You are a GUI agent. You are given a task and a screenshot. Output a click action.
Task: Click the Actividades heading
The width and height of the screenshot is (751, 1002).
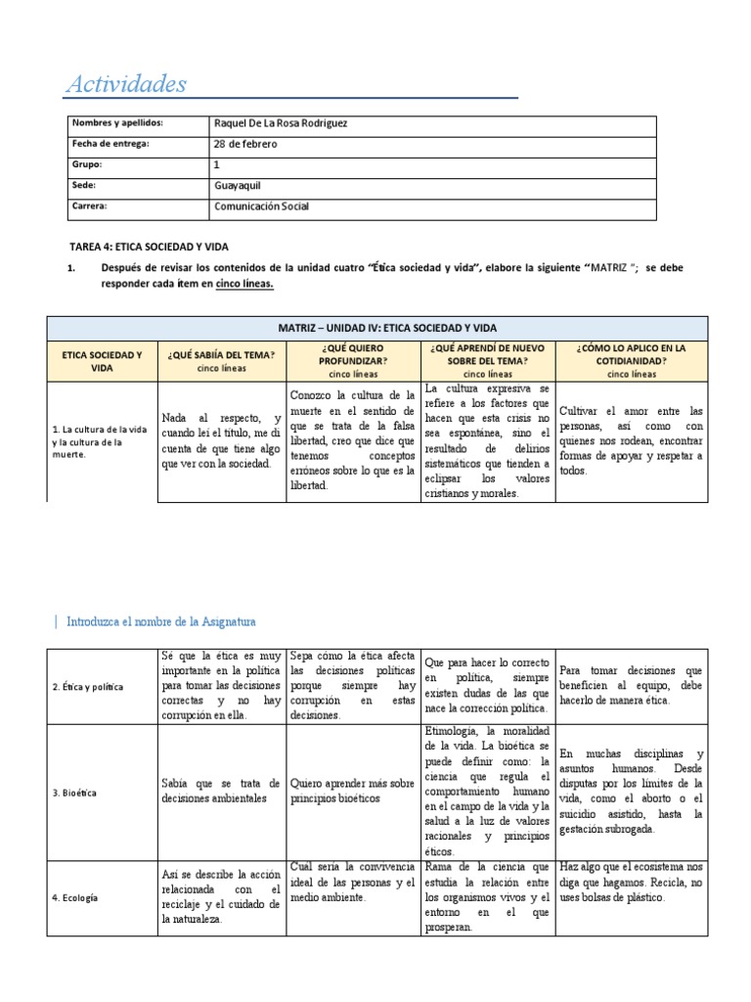tap(125, 84)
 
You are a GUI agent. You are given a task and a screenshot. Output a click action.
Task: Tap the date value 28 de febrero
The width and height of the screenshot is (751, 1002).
tap(245, 144)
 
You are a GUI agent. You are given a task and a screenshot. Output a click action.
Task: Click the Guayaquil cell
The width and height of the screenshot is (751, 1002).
tap(238, 185)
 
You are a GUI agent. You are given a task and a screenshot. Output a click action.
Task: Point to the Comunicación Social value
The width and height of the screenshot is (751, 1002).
tap(262, 206)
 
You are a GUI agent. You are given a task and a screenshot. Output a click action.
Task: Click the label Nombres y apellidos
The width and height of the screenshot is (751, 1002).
tap(117, 123)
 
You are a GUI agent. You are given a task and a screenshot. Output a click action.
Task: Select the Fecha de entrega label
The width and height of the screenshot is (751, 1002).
tap(110, 144)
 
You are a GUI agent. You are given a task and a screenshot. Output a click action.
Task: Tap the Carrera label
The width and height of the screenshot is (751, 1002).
tap(89, 206)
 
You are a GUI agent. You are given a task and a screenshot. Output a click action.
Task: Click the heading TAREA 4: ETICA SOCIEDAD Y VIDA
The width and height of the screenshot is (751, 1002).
tap(149, 247)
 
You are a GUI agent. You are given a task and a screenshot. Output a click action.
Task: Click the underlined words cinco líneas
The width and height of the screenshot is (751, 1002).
tap(244, 284)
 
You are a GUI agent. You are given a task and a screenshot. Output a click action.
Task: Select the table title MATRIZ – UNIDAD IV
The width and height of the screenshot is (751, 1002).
tap(376, 328)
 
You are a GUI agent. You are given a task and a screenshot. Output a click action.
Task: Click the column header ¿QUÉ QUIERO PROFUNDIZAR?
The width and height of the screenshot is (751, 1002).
tap(352, 353)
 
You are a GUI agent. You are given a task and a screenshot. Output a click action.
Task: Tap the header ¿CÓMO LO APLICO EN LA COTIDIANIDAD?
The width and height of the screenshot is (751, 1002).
tap(631, 353)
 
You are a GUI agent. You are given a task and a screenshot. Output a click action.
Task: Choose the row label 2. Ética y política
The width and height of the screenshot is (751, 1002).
tap(88, 687)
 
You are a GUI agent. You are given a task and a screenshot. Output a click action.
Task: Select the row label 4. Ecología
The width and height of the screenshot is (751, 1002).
tap(75, 896)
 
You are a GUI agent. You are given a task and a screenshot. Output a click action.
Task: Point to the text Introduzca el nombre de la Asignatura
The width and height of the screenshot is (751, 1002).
tap(160, 620)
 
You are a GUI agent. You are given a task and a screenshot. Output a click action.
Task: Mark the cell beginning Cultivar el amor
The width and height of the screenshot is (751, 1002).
tap(631, 440)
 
